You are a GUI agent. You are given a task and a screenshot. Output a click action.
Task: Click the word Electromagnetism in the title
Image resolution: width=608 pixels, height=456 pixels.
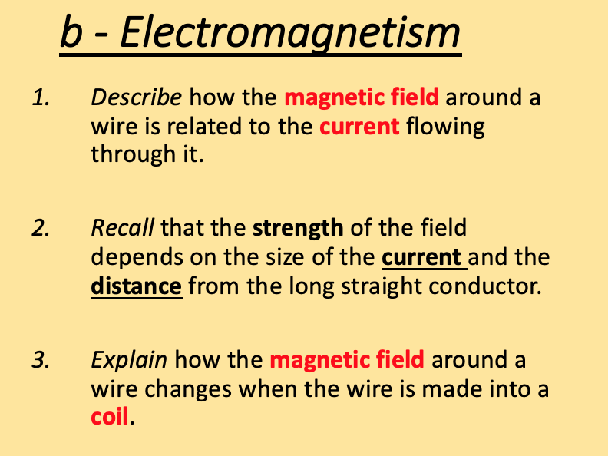[x=290, y=34]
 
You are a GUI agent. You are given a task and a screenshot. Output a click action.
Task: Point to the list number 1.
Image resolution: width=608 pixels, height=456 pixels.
[x=41, y=98]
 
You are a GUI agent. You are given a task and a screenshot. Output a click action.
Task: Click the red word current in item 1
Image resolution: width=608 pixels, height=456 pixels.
[x=360, y=126]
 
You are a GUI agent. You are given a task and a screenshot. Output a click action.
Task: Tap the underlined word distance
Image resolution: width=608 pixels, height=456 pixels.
[x=137, y=286]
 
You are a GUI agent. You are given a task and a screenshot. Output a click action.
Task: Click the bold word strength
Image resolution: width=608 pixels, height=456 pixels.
[x=299, y=229]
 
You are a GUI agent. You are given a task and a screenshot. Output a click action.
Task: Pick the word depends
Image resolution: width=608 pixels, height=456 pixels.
[x=134, y=257]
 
